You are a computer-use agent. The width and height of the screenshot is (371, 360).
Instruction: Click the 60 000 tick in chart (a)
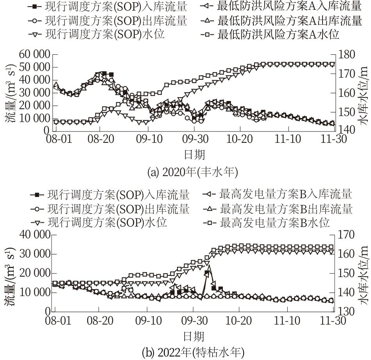tap(33, 55)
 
